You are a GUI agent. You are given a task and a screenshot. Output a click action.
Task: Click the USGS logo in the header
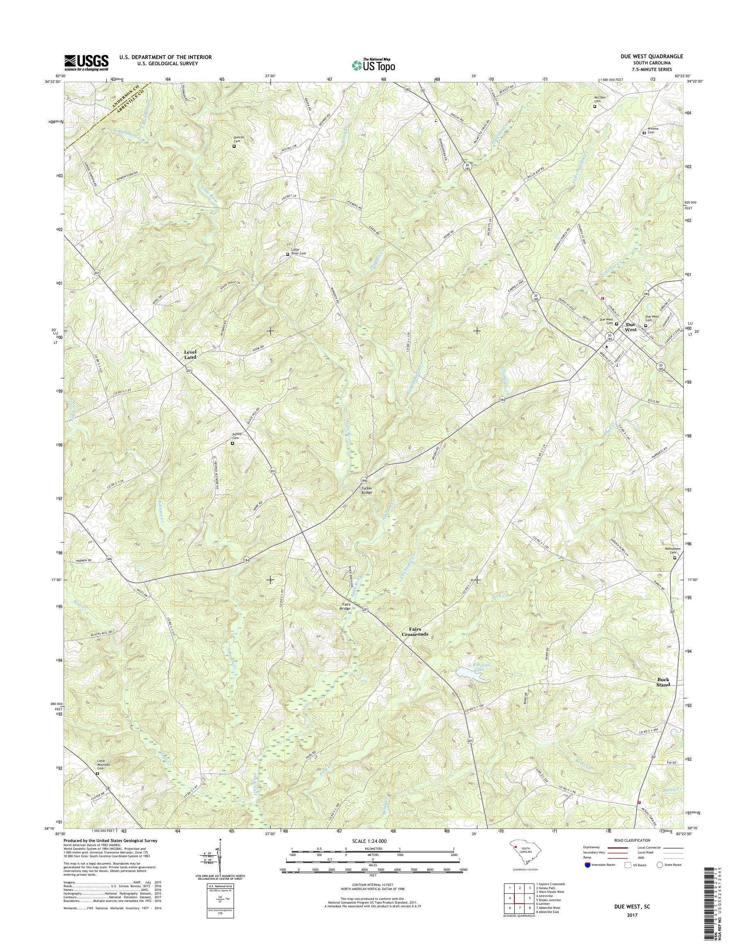click(86, 62)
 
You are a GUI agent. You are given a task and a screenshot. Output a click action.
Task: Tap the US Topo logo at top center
click(373, 65)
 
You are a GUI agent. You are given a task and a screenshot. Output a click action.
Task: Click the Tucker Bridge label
click(367, 490)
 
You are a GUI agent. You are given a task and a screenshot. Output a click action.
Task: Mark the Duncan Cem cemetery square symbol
click(234, 146)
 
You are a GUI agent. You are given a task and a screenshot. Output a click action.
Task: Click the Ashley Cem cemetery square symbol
click(232, 443)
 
